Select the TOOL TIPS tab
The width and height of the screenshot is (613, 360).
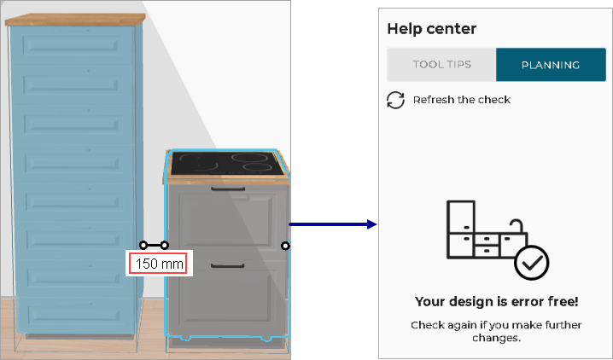tap(441, 65)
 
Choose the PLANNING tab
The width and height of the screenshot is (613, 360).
tap(551, 65)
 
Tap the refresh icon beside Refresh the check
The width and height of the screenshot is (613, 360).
tap(395, 100)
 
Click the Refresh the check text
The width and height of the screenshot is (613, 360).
tap(461, 100)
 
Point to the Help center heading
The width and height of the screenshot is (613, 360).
tap(431, 29)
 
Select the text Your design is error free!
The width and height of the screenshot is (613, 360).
tap(496, 301)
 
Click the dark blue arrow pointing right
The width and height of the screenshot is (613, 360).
tap(333, 224)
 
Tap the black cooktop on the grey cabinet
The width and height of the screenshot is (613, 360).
tap(222, 162)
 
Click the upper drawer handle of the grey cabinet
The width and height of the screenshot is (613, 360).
tap(228, 189)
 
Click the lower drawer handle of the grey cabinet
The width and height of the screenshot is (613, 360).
tap(228, 266)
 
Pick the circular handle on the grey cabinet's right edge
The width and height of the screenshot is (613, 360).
tap(285, 246)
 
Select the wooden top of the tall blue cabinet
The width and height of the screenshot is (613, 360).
tap(73, 19)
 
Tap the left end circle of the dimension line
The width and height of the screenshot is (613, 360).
tap(144, 246)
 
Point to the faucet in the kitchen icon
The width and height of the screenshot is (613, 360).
tap(515, 227)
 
